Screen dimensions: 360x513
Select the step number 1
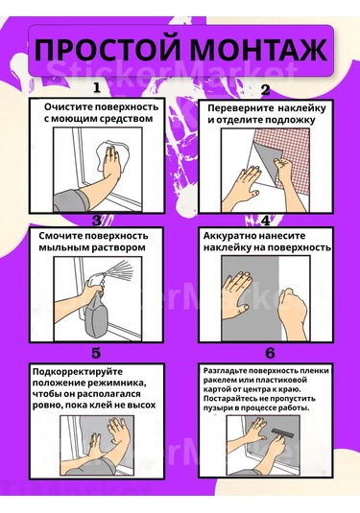tap(97, 87)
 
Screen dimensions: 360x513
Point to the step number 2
tap(265, 89)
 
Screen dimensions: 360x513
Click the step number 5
tap(96, 353)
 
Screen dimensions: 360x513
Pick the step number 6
tap(270, 353)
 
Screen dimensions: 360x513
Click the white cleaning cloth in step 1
tap(113, 157)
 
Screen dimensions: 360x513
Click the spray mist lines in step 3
tap(119, 270)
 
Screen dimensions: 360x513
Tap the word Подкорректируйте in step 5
tap(78, 372)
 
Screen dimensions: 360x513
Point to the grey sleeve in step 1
tap(70, 200)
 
